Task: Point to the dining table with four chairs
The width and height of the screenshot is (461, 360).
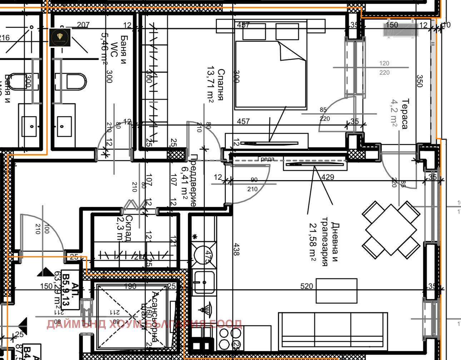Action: pyautogui.click(x=391, y=230)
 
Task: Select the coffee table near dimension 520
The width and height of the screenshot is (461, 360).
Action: pyautogui.click(x=336, y=291)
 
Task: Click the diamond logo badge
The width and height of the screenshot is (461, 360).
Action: pyautogui.click(x=60, y=38)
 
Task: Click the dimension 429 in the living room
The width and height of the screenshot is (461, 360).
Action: pyautogui.click(x=328, y=177)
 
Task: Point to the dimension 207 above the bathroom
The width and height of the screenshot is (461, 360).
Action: pyautogui.click(x=83, y=25)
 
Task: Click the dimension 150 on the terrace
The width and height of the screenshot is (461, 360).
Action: pyautogui.click(x=392, y=25)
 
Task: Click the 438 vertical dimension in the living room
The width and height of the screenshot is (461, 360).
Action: pyautogui.click(x=236, y=249)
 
